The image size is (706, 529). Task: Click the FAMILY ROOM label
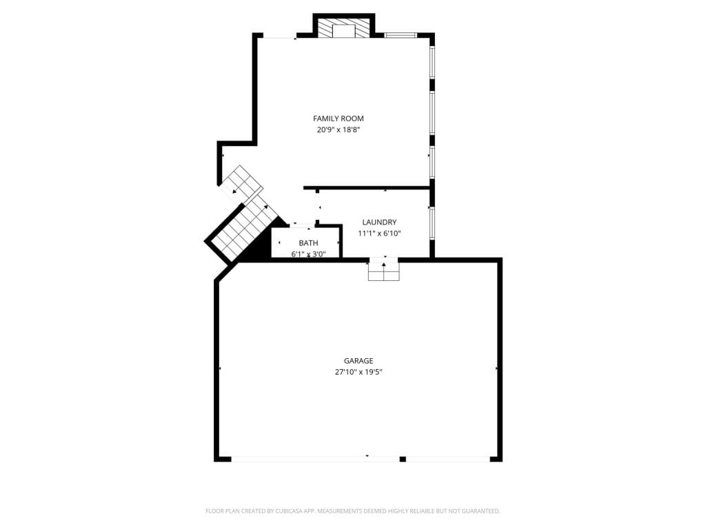pyautogui.click(x=338, y=118)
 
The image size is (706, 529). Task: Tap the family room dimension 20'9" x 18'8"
pyautogui.click(x=338, y=130)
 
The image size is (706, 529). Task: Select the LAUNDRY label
pyautogui.click(x=379, y=222)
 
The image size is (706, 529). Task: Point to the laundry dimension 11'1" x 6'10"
pyautogui.click(x=379, y=234)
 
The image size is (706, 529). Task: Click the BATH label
pyautogui.click(x=308, y=243)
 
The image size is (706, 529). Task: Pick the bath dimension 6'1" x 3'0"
pyautogui.click(x=308, y=254)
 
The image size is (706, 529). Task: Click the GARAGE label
pyautogui.click(x=359, y=361)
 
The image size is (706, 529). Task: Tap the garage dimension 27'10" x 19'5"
pyautogui.click(x=359, y=372)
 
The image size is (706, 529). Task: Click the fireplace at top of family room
pyautogui.click(x=344, y=28)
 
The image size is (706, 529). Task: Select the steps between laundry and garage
pyautogui.click(x=383, y=269)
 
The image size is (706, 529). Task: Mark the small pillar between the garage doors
pyautogui.click(x=403, y=459)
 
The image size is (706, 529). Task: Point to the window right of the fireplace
pyautogui.click(x=401, y=35)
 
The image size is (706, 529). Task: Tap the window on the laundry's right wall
pyautogui.click(x=432, y=223)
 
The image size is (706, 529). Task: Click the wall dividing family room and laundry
pyautogui.click(x=367, y=187)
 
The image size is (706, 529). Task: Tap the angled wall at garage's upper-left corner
pyautogui.click(x=226, y=272)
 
